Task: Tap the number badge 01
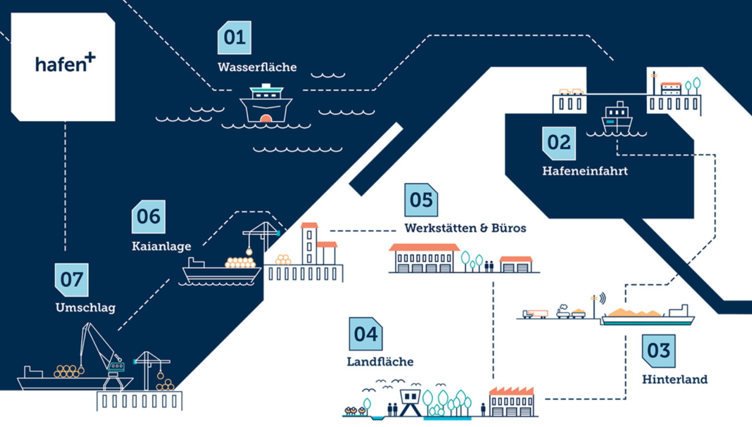tap(234, 38)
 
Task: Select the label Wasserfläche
tap(257, 67)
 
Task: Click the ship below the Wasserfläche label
tap(266, 104)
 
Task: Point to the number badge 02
tap(559, 143)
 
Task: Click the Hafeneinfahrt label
tap(585, 171)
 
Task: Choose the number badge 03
tap(658, 351)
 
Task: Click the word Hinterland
tap(674, 380)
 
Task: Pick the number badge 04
tap(365, 334)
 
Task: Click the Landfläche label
tap(380, 362)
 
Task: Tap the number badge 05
tap(421, 200)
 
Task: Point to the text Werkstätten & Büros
tap(465, 228)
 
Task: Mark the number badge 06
tap(148, 216)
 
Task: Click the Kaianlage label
tap(161, 246)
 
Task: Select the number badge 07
tap(71, 279)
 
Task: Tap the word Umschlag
tap(85, 308)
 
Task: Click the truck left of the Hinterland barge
tap(535, 314)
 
